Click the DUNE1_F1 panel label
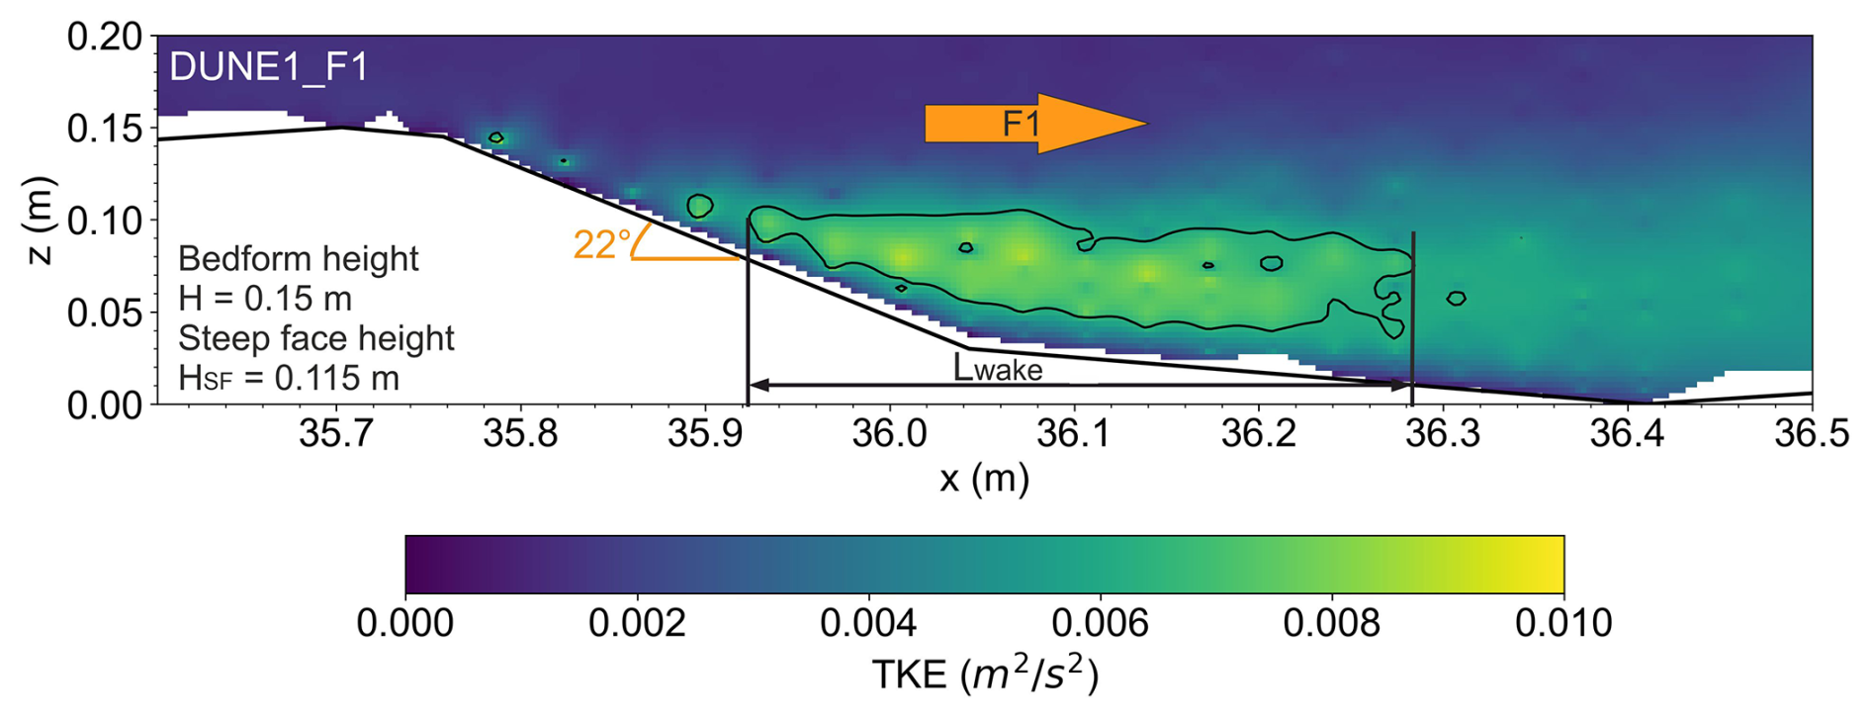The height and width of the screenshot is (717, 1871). [269, 67]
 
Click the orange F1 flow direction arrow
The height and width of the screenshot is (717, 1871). [1034, 124]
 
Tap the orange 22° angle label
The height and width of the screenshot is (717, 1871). [601, 244]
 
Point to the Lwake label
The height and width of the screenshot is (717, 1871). [998, 368]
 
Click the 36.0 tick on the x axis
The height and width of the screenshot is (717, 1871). [890, 433]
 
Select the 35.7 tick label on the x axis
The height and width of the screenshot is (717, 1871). [337, 433]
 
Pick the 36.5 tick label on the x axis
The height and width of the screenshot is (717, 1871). [1812, 433]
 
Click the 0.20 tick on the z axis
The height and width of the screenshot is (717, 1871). [105, 37]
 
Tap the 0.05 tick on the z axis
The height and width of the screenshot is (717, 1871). [105, 313]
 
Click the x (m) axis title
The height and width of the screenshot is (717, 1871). [984, 479]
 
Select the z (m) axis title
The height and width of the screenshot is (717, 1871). [38, 221]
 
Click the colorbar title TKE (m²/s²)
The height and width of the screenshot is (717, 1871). [984, 674]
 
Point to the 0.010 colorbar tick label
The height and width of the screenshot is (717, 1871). [1563, 623]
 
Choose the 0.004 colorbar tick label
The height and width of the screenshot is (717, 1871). [868, 623]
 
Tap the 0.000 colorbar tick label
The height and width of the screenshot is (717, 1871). [405, 623]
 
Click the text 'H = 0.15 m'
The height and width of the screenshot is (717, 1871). [265, 299]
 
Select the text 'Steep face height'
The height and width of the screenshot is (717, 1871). [316, 338]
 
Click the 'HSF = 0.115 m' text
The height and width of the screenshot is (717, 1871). [289, 378]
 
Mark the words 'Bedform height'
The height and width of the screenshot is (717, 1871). [299, 259]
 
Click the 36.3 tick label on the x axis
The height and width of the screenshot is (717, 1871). [1443, 433]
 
